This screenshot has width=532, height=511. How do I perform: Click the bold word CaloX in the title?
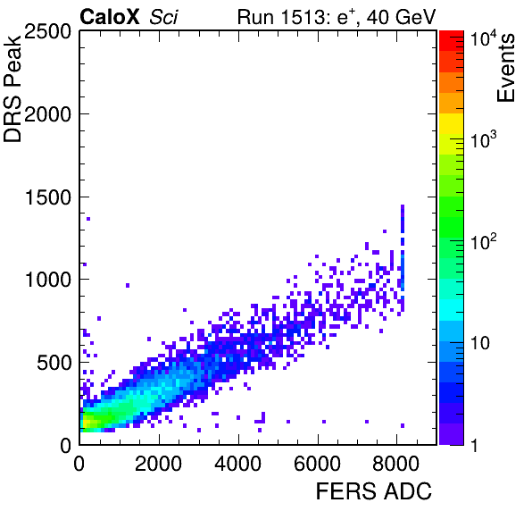[x=109, y=17]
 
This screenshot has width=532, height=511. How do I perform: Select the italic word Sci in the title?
[x=163, y=17]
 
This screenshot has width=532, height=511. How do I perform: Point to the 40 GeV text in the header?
[x=401, y=17]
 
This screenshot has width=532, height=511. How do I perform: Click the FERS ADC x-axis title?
[x=374, y=490]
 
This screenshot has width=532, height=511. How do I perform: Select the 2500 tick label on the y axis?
[x=47, y=31]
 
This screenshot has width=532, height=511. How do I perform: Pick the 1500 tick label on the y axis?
[x=48, y=197]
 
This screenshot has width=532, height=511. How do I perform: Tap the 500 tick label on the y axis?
[x=54, y=363]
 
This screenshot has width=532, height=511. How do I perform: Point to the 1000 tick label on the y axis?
[x=48, y=280]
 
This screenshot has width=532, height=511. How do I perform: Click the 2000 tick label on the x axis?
[x=159, y=463]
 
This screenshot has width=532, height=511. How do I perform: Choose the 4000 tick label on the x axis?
[x=237, y=463]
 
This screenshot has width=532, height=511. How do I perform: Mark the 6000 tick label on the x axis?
[x=317, y=463]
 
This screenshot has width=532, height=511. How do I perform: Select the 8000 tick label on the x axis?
[x=396, y=463]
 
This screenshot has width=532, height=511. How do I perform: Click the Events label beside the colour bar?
[x=506, y=68]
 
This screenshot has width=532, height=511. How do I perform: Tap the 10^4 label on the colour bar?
[x=484, y=38]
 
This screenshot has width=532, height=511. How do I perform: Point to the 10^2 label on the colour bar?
[x=484, y=241]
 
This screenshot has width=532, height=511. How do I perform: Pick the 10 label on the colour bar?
[x=480, y=344]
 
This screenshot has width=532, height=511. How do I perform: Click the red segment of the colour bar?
[x=452, y=41]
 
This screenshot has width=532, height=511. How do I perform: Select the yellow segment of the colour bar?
[x=452, y=124]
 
